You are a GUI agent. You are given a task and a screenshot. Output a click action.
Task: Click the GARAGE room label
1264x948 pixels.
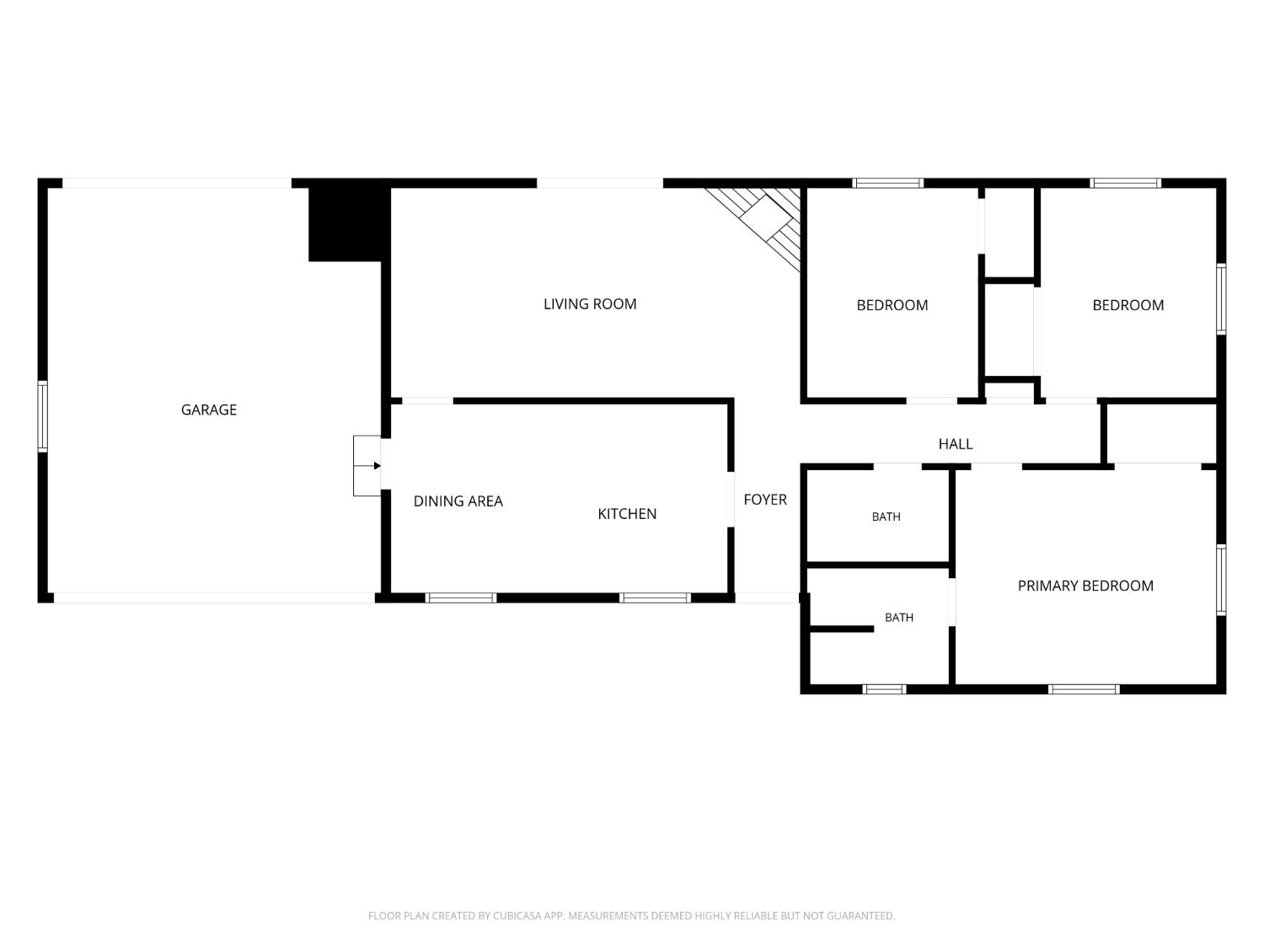coord(208,410)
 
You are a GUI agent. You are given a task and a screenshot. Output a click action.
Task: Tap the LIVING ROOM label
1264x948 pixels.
coord(590,304)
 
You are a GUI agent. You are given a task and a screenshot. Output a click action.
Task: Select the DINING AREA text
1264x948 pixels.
coord(458,501)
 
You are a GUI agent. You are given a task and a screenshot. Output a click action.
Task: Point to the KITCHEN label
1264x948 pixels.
coord(627,514)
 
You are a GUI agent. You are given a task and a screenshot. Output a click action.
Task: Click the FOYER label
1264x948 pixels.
coord(765,500)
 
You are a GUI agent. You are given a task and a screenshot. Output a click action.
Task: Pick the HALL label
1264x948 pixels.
coord(956,444)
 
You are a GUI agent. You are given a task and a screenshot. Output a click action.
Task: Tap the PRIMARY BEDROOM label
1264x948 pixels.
coord(1085,586)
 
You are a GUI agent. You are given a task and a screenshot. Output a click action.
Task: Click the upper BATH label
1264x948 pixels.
coord(886,517)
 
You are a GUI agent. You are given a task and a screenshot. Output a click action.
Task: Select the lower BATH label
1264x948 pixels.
coord(899,618)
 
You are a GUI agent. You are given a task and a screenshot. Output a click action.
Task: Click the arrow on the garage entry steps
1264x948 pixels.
coord(367,466)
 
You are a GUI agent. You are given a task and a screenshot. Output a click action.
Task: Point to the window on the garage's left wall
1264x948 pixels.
coord(43,416)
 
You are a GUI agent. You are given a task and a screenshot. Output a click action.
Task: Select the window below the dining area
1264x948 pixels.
coord(461,598)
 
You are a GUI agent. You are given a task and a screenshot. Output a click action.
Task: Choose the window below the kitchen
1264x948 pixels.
coord(655,598)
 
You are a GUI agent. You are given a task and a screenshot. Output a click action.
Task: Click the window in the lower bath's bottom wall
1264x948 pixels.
coord(884,689)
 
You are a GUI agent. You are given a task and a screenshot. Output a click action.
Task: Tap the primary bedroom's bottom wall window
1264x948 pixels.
coord(1083,689)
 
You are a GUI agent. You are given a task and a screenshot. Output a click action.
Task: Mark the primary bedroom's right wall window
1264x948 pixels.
coord(1221,580)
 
